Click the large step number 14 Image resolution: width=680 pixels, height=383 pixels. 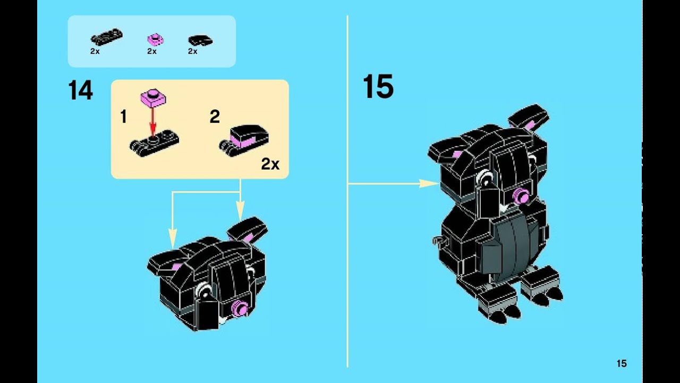pos(80,90)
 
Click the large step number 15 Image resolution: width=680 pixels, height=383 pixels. pos(378,87)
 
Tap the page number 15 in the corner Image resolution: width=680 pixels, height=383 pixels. pos(622,363)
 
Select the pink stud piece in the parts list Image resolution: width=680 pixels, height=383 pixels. pos(156,39)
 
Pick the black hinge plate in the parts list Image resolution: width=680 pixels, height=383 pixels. pos(107,37)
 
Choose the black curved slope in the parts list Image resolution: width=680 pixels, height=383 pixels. pos(200,40)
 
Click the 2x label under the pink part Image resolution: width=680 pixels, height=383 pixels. pos(152,52)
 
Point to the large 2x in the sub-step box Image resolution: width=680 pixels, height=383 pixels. pos(270,164)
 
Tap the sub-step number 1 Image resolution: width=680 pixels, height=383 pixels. pos(123,116)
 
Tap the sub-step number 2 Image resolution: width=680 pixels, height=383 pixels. pos(215,116)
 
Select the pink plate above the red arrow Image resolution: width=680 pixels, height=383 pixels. pos(154,98)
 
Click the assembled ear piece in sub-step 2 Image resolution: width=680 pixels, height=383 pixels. pos(244,140)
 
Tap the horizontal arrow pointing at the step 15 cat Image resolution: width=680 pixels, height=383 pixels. pos(394,184)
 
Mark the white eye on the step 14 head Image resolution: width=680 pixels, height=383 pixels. pos(204,290)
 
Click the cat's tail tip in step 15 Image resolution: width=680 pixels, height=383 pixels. pos(437,240)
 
